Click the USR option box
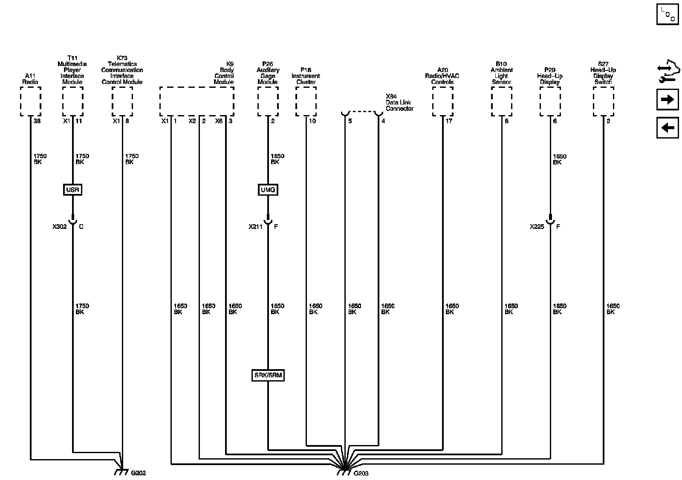[72, 190]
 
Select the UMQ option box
[268, 190]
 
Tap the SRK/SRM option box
[268, 376]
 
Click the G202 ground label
[138, 473]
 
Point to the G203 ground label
[361, 473]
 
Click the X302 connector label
[60, 227]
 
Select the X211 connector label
[256, 227]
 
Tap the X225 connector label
[537, 227]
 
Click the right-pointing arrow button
[668, 100]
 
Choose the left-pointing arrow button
[668, 127]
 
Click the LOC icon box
[668, 14]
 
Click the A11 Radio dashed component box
[31, 101]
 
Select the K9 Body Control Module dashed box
[197, 101]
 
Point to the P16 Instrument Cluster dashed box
[306, 101]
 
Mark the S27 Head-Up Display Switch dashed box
[603, 101]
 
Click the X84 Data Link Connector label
[399, 103]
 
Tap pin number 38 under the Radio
[37, 121]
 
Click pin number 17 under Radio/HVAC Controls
[449, 121]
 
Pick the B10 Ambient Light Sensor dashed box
[501, 101]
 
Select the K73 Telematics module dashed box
[122, 101]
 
